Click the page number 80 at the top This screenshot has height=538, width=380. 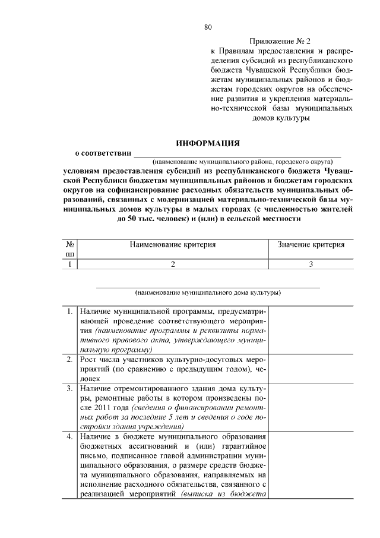[x=208, y=27]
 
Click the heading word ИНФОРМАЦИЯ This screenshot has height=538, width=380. [x=208, y=143]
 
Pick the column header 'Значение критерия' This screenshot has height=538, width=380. [x=311, y=244]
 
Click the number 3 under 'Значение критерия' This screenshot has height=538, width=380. [x=311, y=265]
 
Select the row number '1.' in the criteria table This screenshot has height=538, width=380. [x=69, y=311]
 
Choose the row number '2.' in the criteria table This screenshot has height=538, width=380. [x=69, y=360]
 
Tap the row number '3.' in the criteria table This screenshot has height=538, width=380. [x=69, y=389]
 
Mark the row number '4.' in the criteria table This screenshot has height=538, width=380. [x=69, y=437]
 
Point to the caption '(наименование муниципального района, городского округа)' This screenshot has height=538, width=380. [x=240, y=161]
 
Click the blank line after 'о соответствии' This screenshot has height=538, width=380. [x=237, y=155]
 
